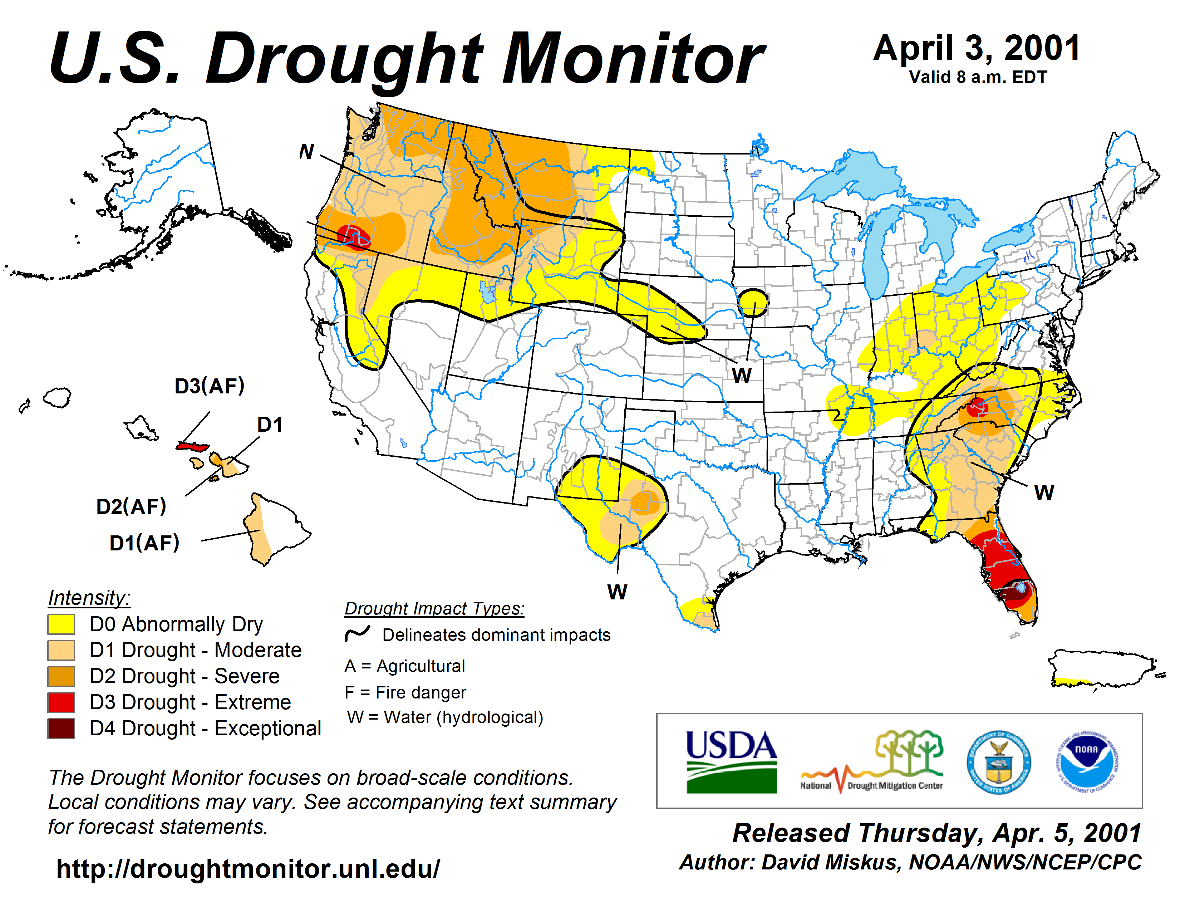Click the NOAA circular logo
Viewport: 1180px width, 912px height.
point(1087,762)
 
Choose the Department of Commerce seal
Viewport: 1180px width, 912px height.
point(998,762)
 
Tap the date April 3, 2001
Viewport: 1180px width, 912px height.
point(977,49)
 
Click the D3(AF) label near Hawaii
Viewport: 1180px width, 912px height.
point(210,386)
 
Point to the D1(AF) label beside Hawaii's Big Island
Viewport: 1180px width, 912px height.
point(144,543)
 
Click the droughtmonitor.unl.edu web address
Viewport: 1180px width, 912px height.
point(248,869)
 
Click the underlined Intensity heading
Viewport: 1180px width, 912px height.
point(89,598)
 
